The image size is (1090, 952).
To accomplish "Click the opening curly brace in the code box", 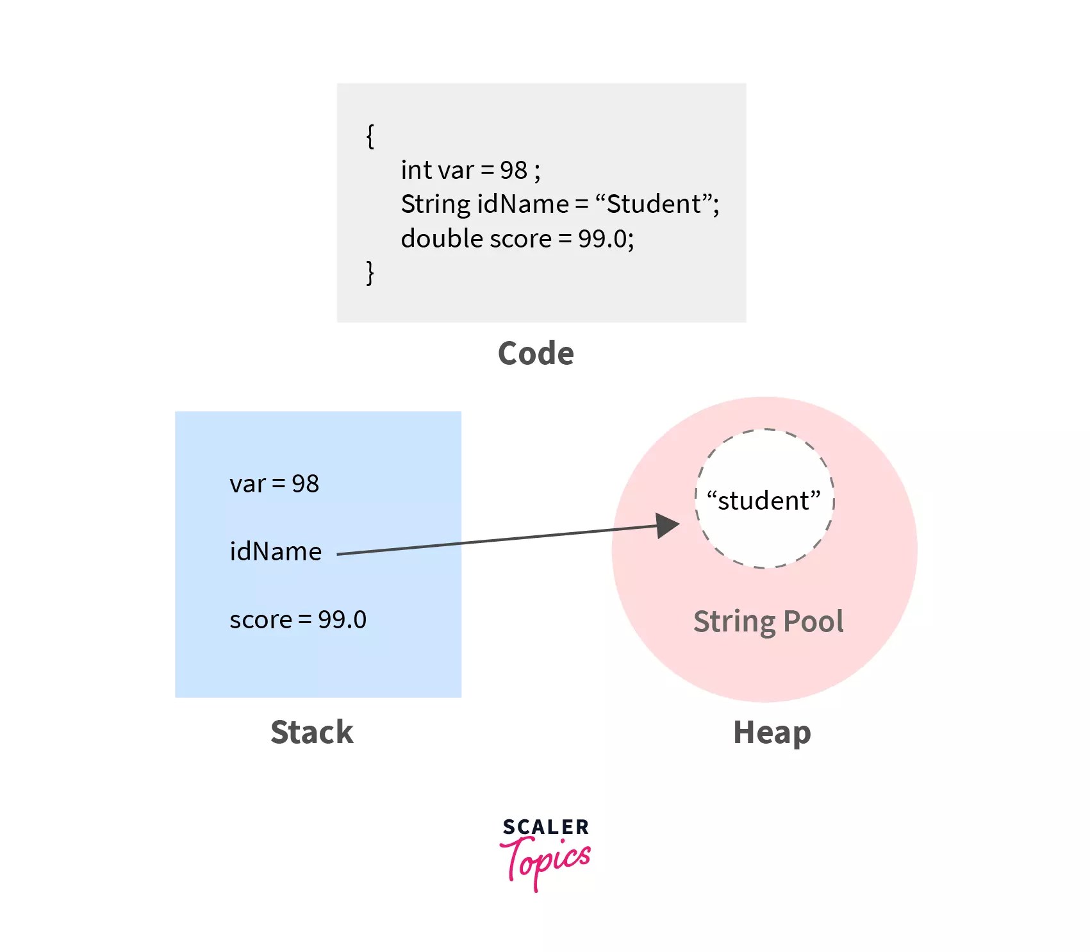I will [370, 136].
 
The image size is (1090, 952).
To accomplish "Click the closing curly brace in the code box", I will [370, 272].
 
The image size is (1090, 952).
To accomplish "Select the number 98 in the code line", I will [513, 171].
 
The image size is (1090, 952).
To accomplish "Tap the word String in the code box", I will [436, 205].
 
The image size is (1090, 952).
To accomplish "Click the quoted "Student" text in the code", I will [654, 205].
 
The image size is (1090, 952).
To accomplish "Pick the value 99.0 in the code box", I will [602, 238].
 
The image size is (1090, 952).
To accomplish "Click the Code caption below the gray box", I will [536, 353].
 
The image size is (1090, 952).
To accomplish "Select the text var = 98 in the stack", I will [274, 484].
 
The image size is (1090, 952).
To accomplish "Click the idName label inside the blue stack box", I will [276, 552].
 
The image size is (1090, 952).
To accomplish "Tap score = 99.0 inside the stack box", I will [298, 620].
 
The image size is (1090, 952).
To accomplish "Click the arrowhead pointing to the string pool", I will [668, 526].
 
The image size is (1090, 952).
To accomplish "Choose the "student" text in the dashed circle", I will [763, 501].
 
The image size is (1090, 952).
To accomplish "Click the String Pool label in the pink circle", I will [768, 622].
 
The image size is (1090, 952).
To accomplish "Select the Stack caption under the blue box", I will [312, 732].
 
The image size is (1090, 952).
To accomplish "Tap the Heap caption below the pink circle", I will [772, 732].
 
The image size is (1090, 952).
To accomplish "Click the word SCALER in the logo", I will [545, 827].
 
